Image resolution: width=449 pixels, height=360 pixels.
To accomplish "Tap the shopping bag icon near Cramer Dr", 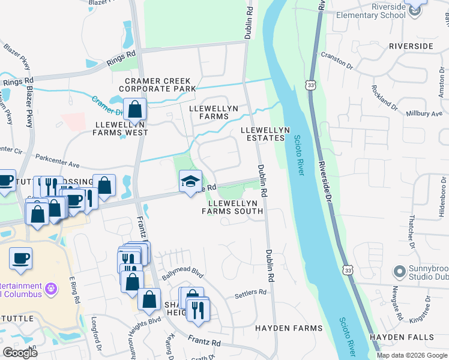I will tap(135, 110).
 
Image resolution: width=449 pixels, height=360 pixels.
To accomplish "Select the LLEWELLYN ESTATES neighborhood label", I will tap(265, 134).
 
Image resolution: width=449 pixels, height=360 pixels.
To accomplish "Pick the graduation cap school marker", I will tap(190, 182).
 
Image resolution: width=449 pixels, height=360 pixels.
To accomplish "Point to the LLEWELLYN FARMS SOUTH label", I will tap(235, 207).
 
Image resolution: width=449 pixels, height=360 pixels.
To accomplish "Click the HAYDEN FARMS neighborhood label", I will tap(289, 328).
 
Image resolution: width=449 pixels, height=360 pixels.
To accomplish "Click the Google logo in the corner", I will tap(20, 352).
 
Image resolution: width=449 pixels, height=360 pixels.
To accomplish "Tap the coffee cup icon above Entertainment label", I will tap(20, 259).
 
